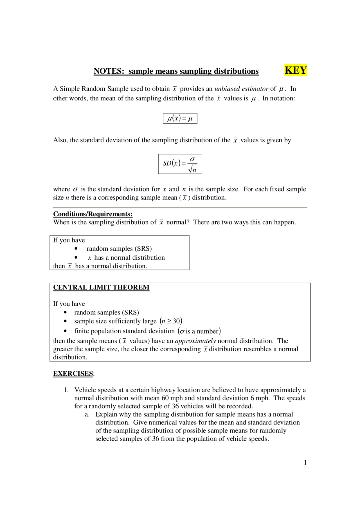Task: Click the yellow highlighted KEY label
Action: pyautogui.click(x=296, y=70)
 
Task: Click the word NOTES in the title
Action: pyautogui.click(x=109, y=71)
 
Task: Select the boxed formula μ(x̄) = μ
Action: pyautogui.click(x=180, y=118)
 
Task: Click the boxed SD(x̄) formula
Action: pyautogui.click(x=180, y=164)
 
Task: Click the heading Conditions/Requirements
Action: pyautogui.click(x=93, y=214)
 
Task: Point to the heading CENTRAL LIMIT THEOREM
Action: pyautogui.click(x=101, y=288)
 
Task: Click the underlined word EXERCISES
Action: pyautogui.click(x=73, y=374)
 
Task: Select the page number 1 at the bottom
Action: pyautogui.click(x=305, y=462)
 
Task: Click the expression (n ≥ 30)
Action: pyautogui.click(x=171, y=321)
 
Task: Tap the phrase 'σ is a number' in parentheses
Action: pyautogui.click(x=199, y=331)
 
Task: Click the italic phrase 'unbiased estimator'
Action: pyautogui.click(x=241, y=89)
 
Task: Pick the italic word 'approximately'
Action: pyautogui.click(x=195, y=341)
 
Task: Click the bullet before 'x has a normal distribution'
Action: pyautogui.click(x=76, y=257)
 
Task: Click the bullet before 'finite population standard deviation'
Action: pyautogui.click(x=65, y=331)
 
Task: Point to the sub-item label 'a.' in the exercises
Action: pyautogui.click(x=87, y=414)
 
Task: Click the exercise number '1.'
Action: pyautogui.click(x=66, y=390)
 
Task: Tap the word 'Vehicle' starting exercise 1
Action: pyautogui.click(x=85, y=390)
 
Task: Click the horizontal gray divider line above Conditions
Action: pyautogui.click(x=180, y=207)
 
